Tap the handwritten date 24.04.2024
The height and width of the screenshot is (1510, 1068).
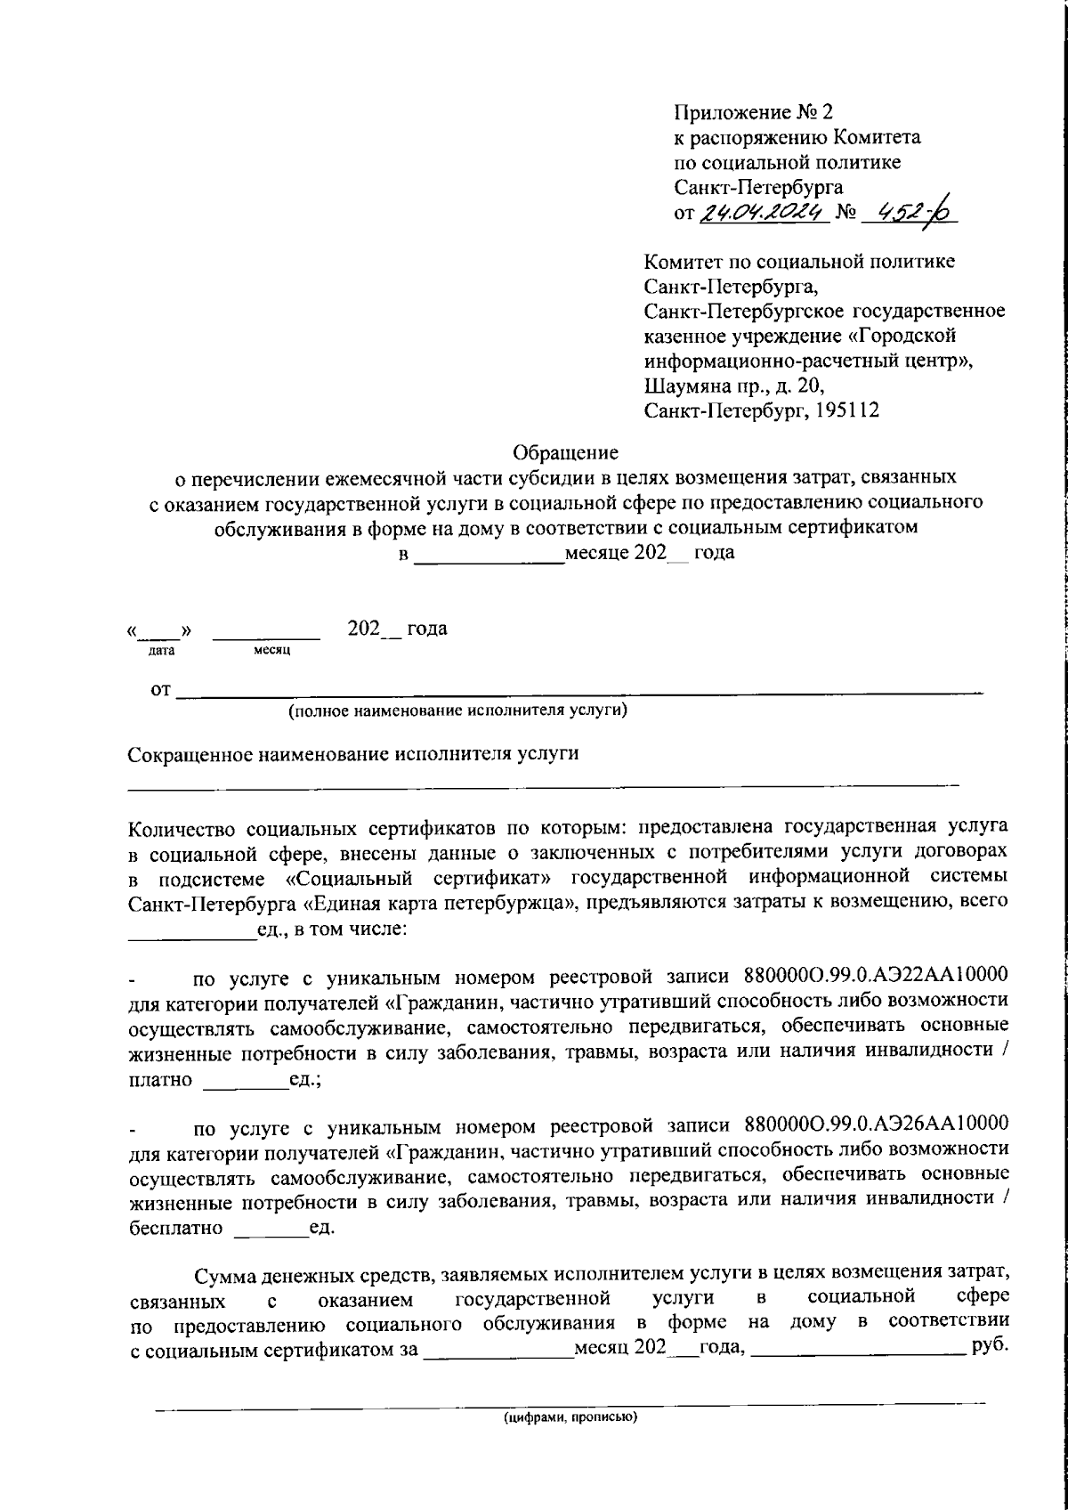tap(765, 212)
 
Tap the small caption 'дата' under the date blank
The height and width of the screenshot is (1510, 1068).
tap(161, 651)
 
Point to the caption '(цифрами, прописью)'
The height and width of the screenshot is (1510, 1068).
tap(570, 1417)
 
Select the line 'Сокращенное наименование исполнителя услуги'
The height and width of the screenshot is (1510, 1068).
tap(353, 754)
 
